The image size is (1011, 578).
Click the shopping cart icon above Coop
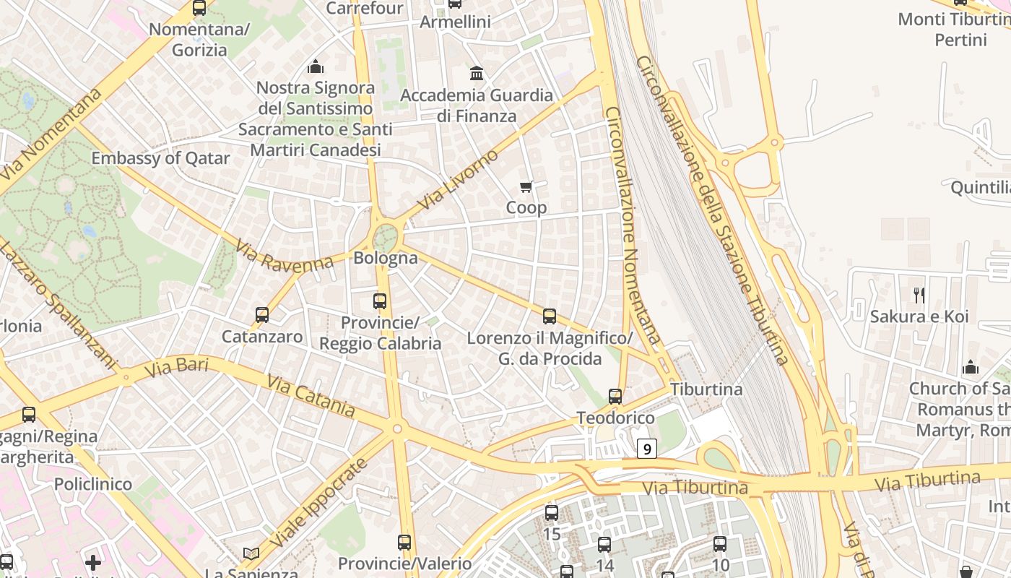[526, 187]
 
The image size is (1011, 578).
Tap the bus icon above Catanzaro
[262, 315]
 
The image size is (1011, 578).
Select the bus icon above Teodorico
[615, 397]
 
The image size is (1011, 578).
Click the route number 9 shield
[647, 449]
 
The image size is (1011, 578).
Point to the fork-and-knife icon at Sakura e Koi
[919, 295]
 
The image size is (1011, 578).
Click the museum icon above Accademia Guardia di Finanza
[477, 73]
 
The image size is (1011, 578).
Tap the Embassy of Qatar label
[160, 158]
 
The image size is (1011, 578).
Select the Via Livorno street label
[458, 180]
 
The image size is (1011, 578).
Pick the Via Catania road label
[311, 395]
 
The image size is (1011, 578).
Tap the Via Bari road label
[176, 366]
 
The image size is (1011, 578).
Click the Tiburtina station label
[706, 389]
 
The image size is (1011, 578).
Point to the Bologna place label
[385, 258]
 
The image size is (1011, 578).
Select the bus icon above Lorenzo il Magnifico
[550, 316]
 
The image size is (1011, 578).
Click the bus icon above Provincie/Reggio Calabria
[380, 301]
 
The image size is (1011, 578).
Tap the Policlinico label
[93, 483]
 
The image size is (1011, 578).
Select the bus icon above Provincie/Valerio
[404, 542]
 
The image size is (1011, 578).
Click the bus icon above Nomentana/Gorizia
[199, 8]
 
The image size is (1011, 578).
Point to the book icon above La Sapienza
[251, 553]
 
